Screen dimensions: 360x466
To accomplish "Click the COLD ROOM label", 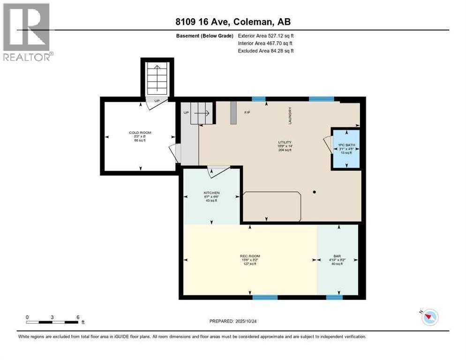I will (x=140, y=133).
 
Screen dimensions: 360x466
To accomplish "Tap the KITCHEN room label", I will (x=211, y=193).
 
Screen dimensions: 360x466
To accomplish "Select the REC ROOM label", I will (x=250, y=256).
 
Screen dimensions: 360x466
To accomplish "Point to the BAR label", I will (x=338, y=256).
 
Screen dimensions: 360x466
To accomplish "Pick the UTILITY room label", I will (x=285, y=142).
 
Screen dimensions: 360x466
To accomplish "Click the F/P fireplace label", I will (x=248, y=113).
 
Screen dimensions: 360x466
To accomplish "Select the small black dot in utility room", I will (x=315, y=192).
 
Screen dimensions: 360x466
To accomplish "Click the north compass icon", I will (x=429, y=317).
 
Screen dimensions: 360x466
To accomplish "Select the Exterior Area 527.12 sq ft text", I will (x=266, y=35).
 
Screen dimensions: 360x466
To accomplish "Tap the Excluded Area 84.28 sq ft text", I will (x=266, y=51).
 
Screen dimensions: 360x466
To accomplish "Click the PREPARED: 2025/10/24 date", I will (x=233, y=321).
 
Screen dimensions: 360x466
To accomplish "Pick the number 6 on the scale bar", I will (x=77, y=317).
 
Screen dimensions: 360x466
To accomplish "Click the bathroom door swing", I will (x=327, y=145).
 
